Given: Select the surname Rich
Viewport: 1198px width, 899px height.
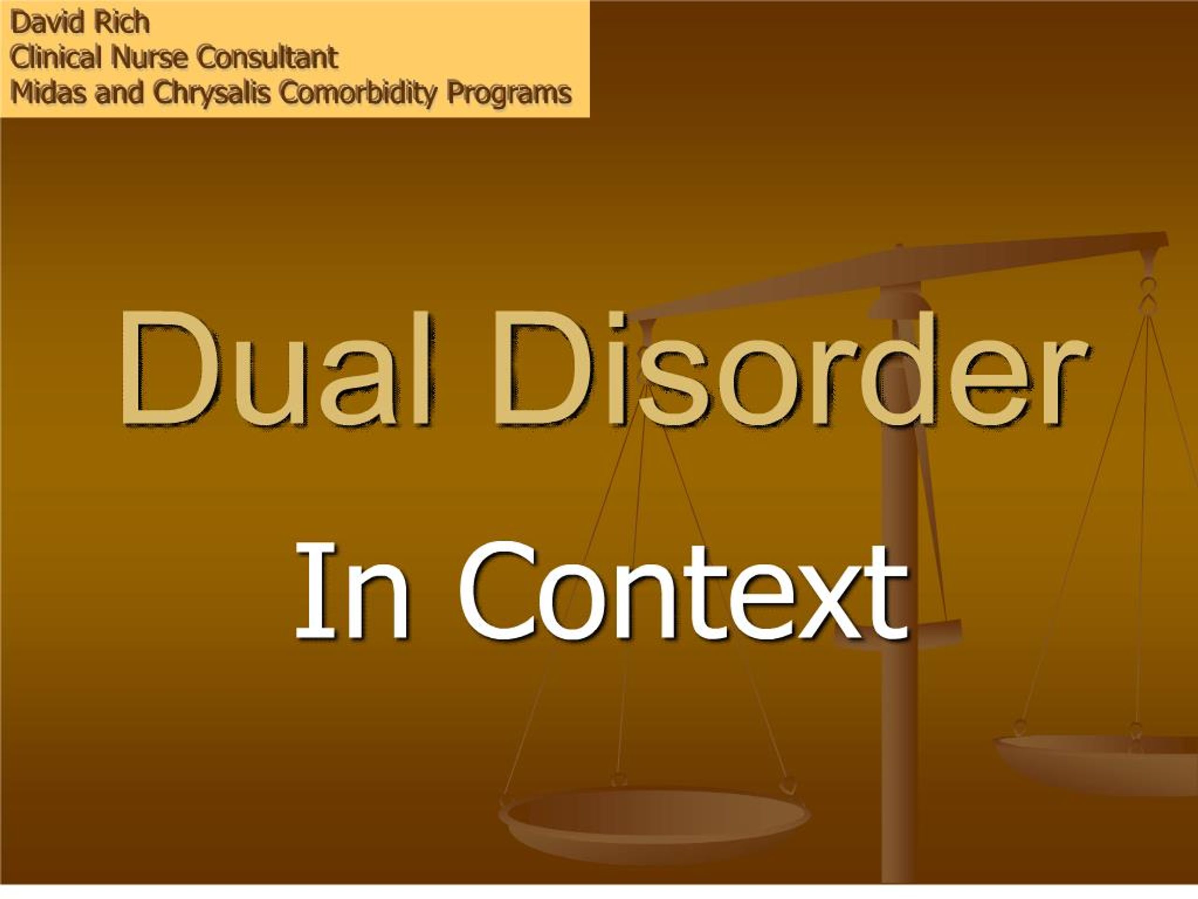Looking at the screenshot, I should click(x=121, y=23).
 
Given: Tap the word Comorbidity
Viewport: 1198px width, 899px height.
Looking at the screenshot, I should click(x=358, y=94).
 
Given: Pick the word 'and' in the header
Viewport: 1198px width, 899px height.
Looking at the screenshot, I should click(x=120, y=93).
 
